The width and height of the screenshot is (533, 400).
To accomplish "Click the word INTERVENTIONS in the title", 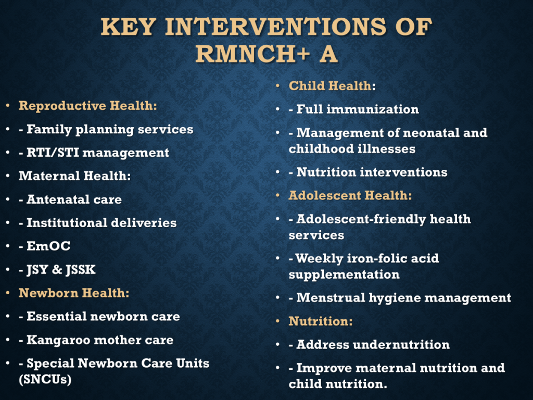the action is (276, 27).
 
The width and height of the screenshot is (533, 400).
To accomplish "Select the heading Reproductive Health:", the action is (87, 106).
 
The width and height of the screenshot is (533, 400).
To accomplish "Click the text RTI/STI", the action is (53, 153).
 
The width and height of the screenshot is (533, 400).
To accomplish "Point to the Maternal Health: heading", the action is (75, 176).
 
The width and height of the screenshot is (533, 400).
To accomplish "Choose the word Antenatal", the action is (58, 199).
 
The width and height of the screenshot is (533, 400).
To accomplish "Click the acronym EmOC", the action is (48, 246).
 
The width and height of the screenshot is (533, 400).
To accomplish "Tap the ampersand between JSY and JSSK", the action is (57, 269).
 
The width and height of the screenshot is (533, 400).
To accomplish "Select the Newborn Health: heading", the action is (74, 293).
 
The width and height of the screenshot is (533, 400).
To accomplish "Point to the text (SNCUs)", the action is (45, 379).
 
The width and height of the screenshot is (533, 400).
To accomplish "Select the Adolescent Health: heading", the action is (350, 196).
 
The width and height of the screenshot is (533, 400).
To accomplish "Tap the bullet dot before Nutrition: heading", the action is (278, 321).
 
